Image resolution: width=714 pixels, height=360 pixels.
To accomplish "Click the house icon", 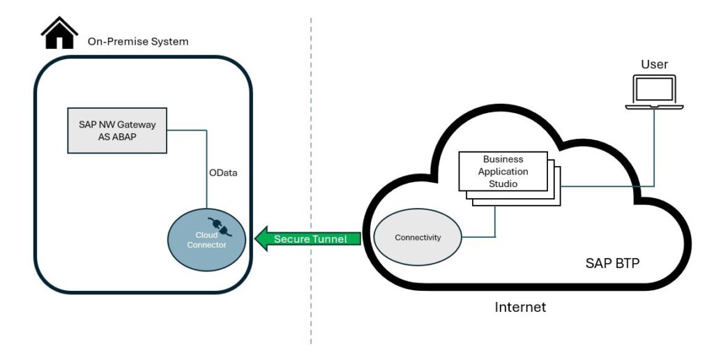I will pyautogui.click(x=59, y=33).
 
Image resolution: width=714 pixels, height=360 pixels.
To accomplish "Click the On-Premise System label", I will pyautogui.click(x=137, y=42).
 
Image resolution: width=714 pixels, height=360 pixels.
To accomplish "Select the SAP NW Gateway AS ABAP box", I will pyautogui.click(x=117, y=130).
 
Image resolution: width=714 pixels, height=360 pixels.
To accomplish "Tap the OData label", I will pyautogui.click(x=224, y=172).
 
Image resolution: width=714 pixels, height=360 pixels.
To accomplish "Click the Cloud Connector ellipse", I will pyautogui.click(x=206, y=239).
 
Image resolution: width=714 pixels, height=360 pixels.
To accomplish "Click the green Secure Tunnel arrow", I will pyautogui.click(x=307, y=239).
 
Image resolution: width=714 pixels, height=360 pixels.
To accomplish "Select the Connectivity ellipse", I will pyautogui.click(x=418, y=238).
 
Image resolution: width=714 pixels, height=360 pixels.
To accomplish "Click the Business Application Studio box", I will pyautogui.click(x=503, y=172).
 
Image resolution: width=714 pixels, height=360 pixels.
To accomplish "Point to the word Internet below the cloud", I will pyautogui.click(x=520, y=307).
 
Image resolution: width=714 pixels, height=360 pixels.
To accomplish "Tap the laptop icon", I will pyautogui.click(x=654, y=92).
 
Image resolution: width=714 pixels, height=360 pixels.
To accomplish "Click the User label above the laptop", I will pyautogui.click(x=654, y=65).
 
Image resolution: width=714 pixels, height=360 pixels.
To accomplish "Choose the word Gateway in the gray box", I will pyautogui.click(x=136, y=125).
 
